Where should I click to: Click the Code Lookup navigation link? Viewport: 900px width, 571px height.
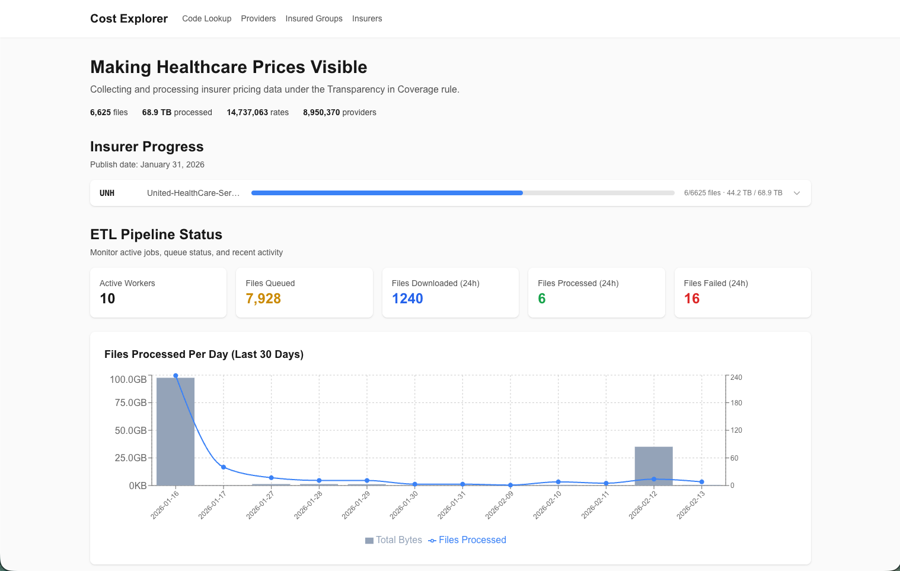coord(206,18)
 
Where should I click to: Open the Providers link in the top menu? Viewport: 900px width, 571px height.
coord(258,18)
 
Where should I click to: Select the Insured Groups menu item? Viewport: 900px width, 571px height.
coord(314,18)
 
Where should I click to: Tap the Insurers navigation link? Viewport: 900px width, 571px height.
coord(367,18)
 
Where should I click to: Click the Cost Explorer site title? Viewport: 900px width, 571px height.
coord(129,18)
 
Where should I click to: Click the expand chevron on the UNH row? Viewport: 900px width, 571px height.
coord(797,193)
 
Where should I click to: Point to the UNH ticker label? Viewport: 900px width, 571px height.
coord(107,193)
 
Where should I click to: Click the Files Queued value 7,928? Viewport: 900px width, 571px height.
coord(263,299)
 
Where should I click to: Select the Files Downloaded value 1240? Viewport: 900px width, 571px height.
coord(407,299)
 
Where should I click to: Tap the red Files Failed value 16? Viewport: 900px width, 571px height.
coord(692,299)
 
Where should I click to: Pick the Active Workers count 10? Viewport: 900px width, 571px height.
coord(107,299)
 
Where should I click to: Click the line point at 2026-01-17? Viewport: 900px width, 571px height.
coord(224,467)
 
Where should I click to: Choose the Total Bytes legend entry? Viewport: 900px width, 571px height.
coord(394,540)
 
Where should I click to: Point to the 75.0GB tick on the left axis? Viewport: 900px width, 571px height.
coord(130,402)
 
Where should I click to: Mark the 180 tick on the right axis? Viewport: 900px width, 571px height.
coord(736,403)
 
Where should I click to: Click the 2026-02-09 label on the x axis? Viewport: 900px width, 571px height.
coord(499,505)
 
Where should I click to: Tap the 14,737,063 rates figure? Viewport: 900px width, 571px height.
coord(257,112)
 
